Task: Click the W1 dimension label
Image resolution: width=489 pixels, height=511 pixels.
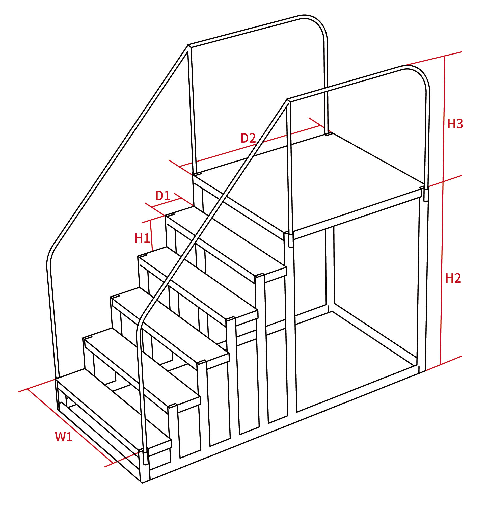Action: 64,437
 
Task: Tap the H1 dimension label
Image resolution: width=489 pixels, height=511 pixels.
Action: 142,238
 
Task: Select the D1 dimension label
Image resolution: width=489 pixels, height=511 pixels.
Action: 163,196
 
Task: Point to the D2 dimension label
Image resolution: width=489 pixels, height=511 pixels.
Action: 248,138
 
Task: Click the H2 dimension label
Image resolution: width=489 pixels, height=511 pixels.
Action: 453,278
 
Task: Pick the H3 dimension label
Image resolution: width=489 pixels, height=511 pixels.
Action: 455,124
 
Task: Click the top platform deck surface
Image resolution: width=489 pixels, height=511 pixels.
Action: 308,182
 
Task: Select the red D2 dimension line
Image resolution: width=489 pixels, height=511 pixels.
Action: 250,146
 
